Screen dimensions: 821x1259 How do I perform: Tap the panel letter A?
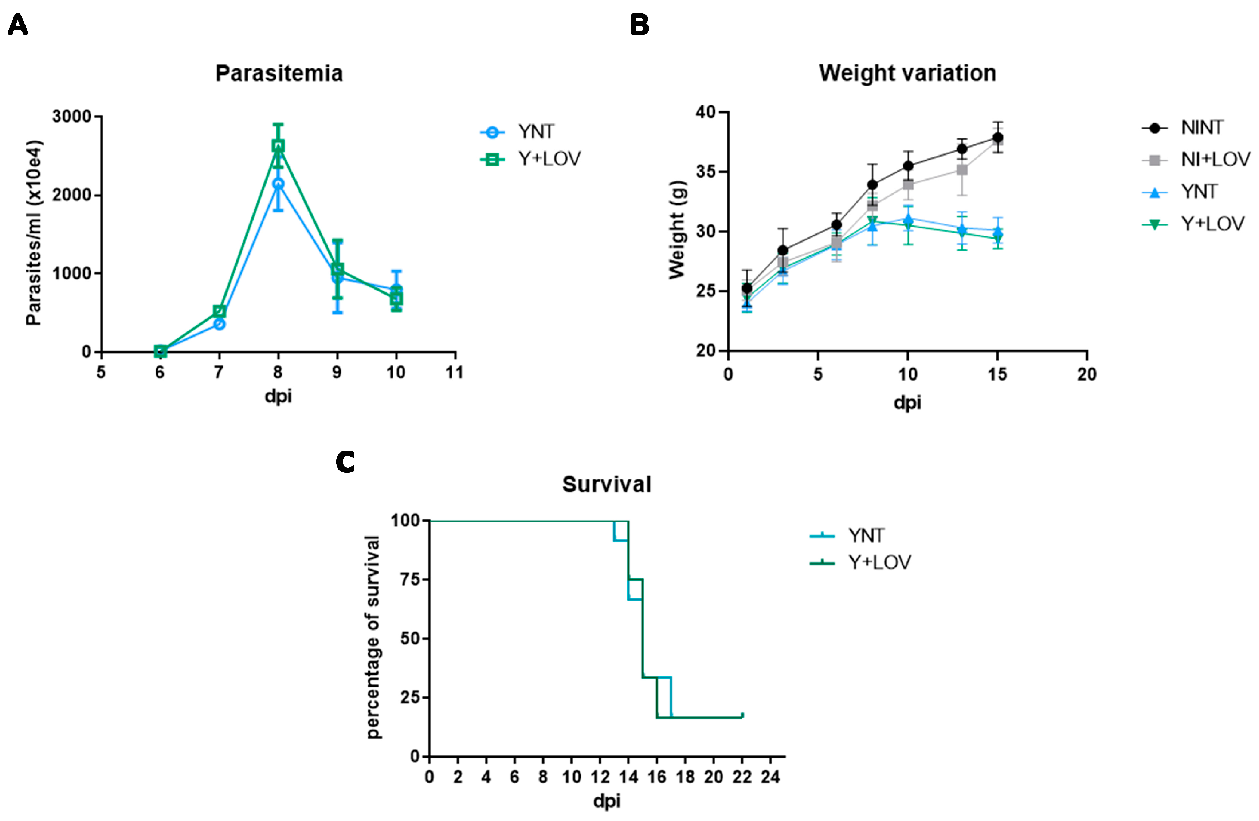tap(17, 25)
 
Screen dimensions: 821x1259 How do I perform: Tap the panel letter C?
tap(345, 462)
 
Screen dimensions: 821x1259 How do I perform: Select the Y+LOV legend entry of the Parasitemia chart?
tap(549, 159)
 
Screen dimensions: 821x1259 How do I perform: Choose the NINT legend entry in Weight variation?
tap(1201, 127)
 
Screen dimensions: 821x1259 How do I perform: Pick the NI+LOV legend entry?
tap(1215, 159)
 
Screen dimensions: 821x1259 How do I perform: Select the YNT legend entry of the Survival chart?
tap(866, 535)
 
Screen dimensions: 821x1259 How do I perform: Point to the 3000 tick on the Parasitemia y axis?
tap(71, 117)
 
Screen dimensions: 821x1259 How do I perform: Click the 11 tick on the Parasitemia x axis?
tap(454, 372)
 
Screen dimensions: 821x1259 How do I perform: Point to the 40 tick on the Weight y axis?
tap(705, 112)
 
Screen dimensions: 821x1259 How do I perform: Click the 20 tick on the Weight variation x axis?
tap(1087, 374)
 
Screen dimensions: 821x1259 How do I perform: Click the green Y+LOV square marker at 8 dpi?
tap(278, 145)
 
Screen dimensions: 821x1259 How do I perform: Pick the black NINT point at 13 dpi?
tap(962, 149)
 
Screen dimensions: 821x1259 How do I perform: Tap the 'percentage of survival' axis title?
tap(373, 637)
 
